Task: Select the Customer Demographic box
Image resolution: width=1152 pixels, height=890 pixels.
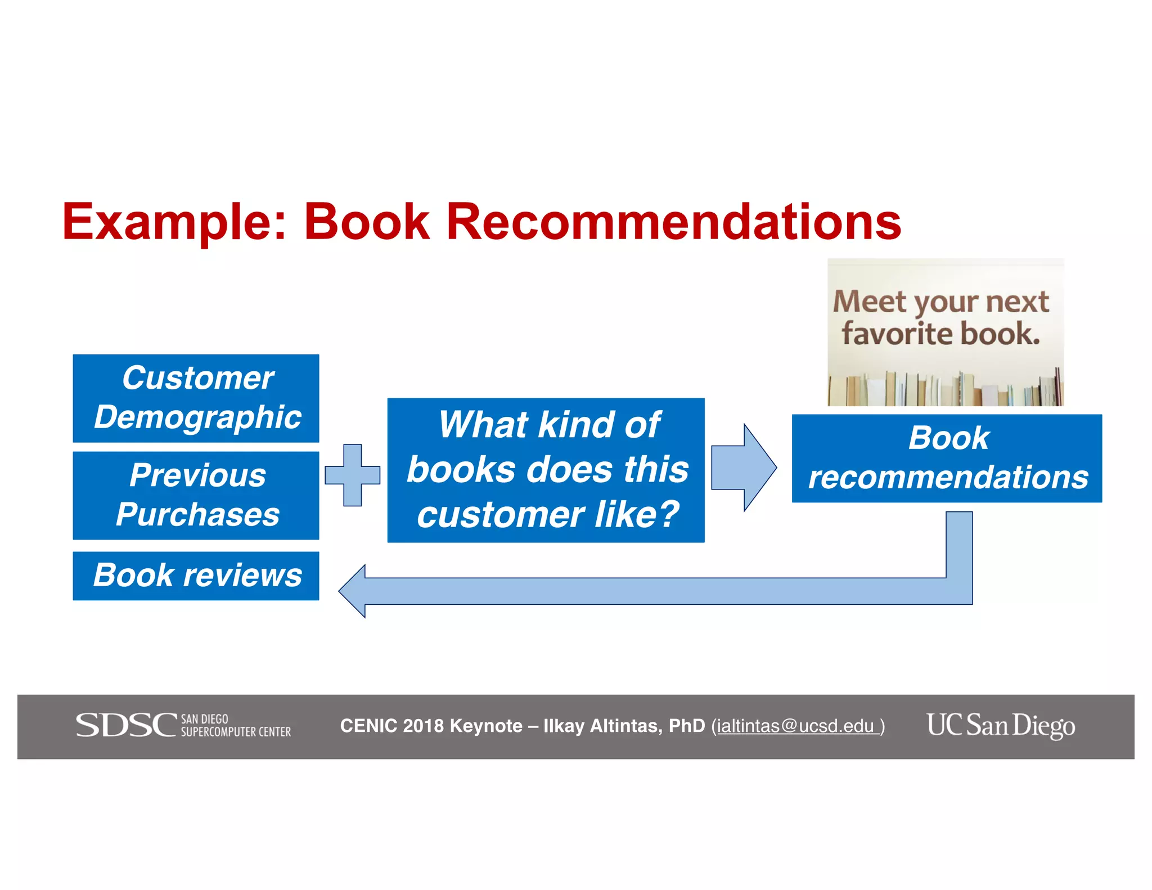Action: point(196,398)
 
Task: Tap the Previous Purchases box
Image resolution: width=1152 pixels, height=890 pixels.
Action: point(196,495)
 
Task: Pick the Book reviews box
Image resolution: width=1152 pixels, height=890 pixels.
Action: point(196,576)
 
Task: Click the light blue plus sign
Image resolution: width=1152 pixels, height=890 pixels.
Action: point(353,475)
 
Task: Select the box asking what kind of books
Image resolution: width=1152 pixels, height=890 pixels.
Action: point(546,470)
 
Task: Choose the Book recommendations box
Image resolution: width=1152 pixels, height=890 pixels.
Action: point(947,458)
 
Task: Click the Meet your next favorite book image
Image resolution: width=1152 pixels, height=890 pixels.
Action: point(945,332)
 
